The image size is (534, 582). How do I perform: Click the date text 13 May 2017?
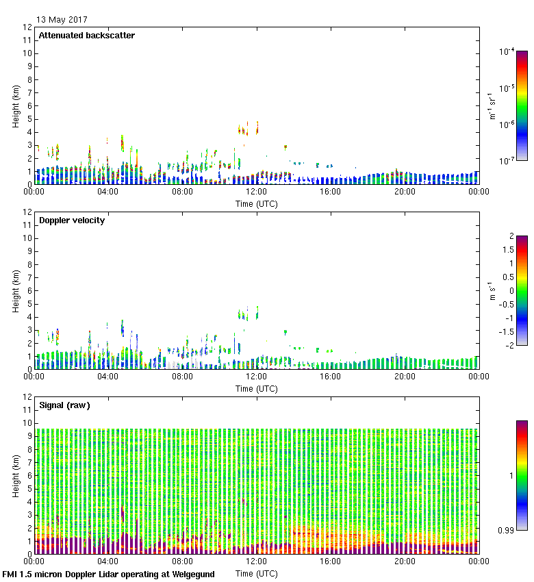pos(62,19)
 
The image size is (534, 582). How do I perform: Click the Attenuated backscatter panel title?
pos(86,36)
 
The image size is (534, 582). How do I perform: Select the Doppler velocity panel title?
pos(72,220)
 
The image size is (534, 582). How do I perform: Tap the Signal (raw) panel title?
pos(64,405)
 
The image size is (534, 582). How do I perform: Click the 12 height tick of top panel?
pos(28,27)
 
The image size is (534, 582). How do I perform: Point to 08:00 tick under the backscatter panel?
pos(182,192)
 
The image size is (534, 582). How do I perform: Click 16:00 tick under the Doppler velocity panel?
pos(331,376)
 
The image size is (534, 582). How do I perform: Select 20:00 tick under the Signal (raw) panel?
pos(405,561)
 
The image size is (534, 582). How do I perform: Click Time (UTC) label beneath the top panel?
pos(256,203)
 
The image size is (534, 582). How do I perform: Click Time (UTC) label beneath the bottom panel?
pos(256,572)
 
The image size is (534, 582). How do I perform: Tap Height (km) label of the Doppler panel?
pos(16,291)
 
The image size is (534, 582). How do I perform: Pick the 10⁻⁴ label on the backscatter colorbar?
pos(507,51)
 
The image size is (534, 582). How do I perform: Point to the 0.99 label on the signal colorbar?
pos(506,531)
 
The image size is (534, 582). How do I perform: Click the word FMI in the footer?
pos(10,574)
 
